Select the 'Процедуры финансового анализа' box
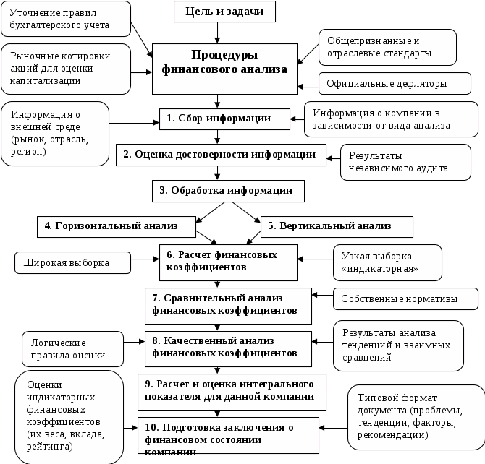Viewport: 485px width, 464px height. click(224, 63)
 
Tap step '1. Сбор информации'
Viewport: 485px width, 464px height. click(219, 118)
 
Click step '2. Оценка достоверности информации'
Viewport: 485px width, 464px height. click(219, 155)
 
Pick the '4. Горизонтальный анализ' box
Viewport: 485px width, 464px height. click(117, 226)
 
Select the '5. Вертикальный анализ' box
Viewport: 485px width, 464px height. click(336, 226)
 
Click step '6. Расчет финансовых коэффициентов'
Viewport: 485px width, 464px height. click(228, 261)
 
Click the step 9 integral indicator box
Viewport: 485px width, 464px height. click(228, 390)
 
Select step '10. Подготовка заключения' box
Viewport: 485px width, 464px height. click(228, 436)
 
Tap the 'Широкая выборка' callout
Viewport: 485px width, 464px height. click(72, 262)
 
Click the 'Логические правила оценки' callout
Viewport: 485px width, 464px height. click(71, 348)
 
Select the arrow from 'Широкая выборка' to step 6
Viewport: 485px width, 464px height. click(145, 260)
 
